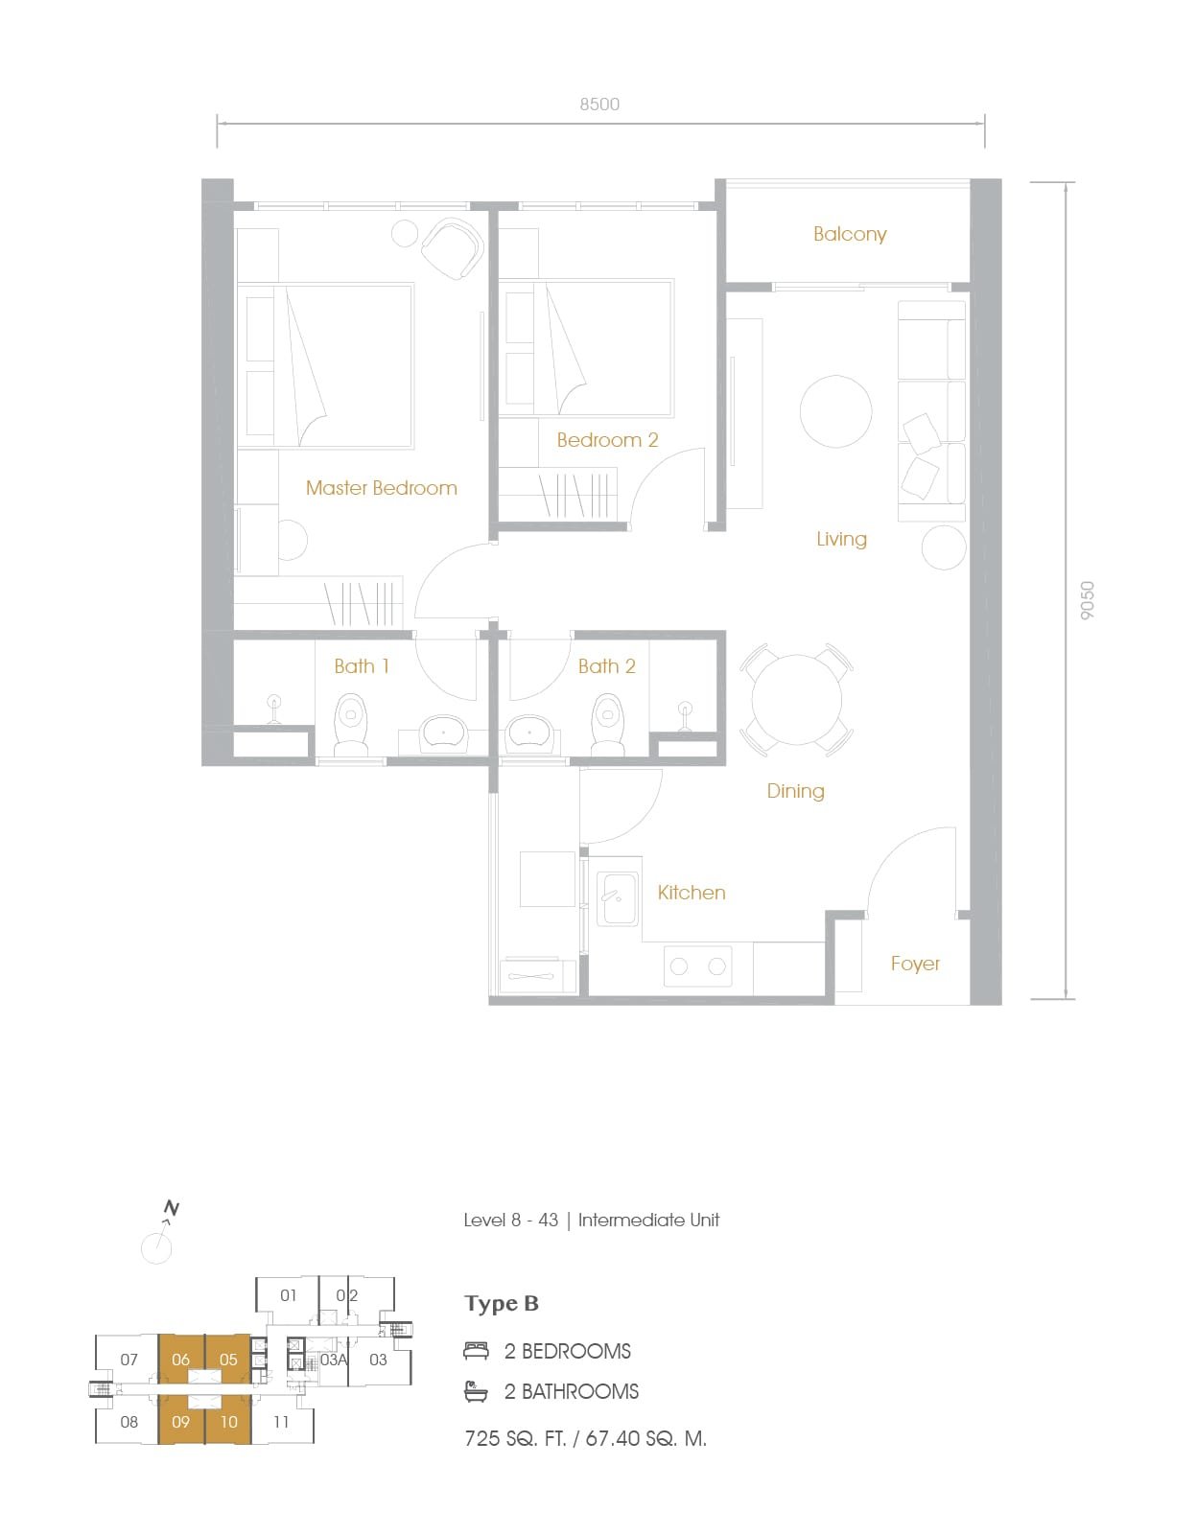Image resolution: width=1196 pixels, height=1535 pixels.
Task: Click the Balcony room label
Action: pyautogui.click(x=849, y=234)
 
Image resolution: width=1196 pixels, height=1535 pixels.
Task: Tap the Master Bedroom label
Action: pyautogui.click(x=382, y=487)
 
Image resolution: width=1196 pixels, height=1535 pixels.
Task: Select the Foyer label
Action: pyautogui.click(x=915, y=965)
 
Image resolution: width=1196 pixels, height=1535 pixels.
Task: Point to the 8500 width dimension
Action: pyautogui.click(x=599, y=104)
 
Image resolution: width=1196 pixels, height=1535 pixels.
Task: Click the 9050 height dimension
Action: pyautogui.click(x=1088, y=600)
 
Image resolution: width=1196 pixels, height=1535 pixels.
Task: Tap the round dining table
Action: pyautogui.click(x=796, y=699)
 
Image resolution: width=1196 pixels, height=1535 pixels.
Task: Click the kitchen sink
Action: pyautogui.click(x=618, y=897)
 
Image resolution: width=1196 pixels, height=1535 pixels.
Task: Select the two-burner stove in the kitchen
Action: pyautogui.click(x=697, y=965)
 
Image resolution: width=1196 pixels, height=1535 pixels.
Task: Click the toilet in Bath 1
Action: pyautogui.click(x=350, y=724)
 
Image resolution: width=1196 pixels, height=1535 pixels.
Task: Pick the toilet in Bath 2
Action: pyautogui.click(x=607, y=724)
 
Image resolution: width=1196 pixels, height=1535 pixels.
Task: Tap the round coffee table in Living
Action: pyautogui.click(x=835, y=411)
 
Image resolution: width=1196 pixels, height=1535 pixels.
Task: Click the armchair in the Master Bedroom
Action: pyautogui.click(x=453, y=248)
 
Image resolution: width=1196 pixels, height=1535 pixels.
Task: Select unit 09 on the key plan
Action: pyautogui.click(x=180, y=1422)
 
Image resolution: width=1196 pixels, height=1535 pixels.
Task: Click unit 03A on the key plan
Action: pyautogui.click(x=334, y=1360)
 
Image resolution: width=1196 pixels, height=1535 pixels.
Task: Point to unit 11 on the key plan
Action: pyautogui.click(x=281, y=1422)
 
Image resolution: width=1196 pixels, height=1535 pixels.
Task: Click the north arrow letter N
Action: pyautogui.click(x=171, y=1207)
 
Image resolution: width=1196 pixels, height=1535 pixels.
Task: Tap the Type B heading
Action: pyautogui.click(x=502, y=1303)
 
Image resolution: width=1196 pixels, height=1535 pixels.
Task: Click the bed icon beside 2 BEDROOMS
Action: pyautogui.click(x=476, y=1351)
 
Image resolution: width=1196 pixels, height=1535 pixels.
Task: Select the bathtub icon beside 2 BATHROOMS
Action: pyautogui.click(x=476, y=1391)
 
